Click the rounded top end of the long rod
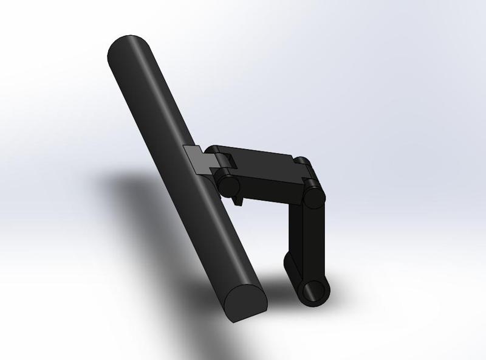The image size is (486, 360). point(128,47)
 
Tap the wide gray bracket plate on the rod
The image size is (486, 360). point(196,159)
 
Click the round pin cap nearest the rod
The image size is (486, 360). point(228,186)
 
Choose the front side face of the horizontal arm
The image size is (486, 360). point(270,188)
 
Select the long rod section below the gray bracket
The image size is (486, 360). point(225,243)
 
